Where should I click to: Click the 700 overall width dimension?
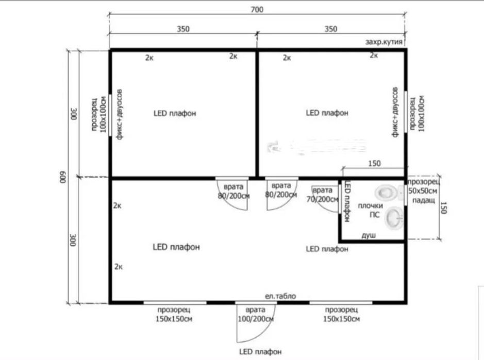(257, 10)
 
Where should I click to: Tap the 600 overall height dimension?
(63, 177)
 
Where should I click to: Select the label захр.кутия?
(384, 42)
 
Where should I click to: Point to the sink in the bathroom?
(394, 218)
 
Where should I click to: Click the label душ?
(369, 235)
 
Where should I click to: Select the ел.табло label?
(280, 296)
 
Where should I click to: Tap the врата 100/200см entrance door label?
(256, 314)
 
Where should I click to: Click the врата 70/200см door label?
(322, 195)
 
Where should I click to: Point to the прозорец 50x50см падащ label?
(423, 191)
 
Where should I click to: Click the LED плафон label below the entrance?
(260, 352)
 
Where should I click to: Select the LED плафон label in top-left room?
(175, 113)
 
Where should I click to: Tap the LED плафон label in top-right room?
(327, 113)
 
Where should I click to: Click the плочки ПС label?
(371, 210)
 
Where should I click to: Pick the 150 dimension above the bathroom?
(374, 163)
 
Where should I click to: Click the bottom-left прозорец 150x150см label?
(174, 314)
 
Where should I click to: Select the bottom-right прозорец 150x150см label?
(341, 314)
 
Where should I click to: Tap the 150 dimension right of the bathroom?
(443, 208)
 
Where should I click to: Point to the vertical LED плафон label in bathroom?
(347, 201)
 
